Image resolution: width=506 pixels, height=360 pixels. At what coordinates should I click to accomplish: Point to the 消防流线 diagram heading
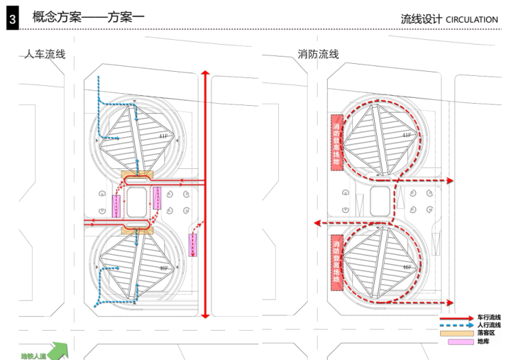coord(318,54)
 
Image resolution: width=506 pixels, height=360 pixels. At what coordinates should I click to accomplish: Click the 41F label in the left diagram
coord(162,136)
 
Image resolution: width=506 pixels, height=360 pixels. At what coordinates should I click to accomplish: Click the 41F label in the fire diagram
coord(406,136)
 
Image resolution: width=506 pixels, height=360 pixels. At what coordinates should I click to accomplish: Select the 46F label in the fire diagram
coord(406,268)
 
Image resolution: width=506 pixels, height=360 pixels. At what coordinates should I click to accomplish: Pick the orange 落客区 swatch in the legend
coord(455,333)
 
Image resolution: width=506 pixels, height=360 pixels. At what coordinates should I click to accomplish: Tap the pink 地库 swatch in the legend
coord(455,342)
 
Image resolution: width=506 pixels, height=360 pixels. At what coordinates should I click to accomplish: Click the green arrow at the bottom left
coord(59,349)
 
